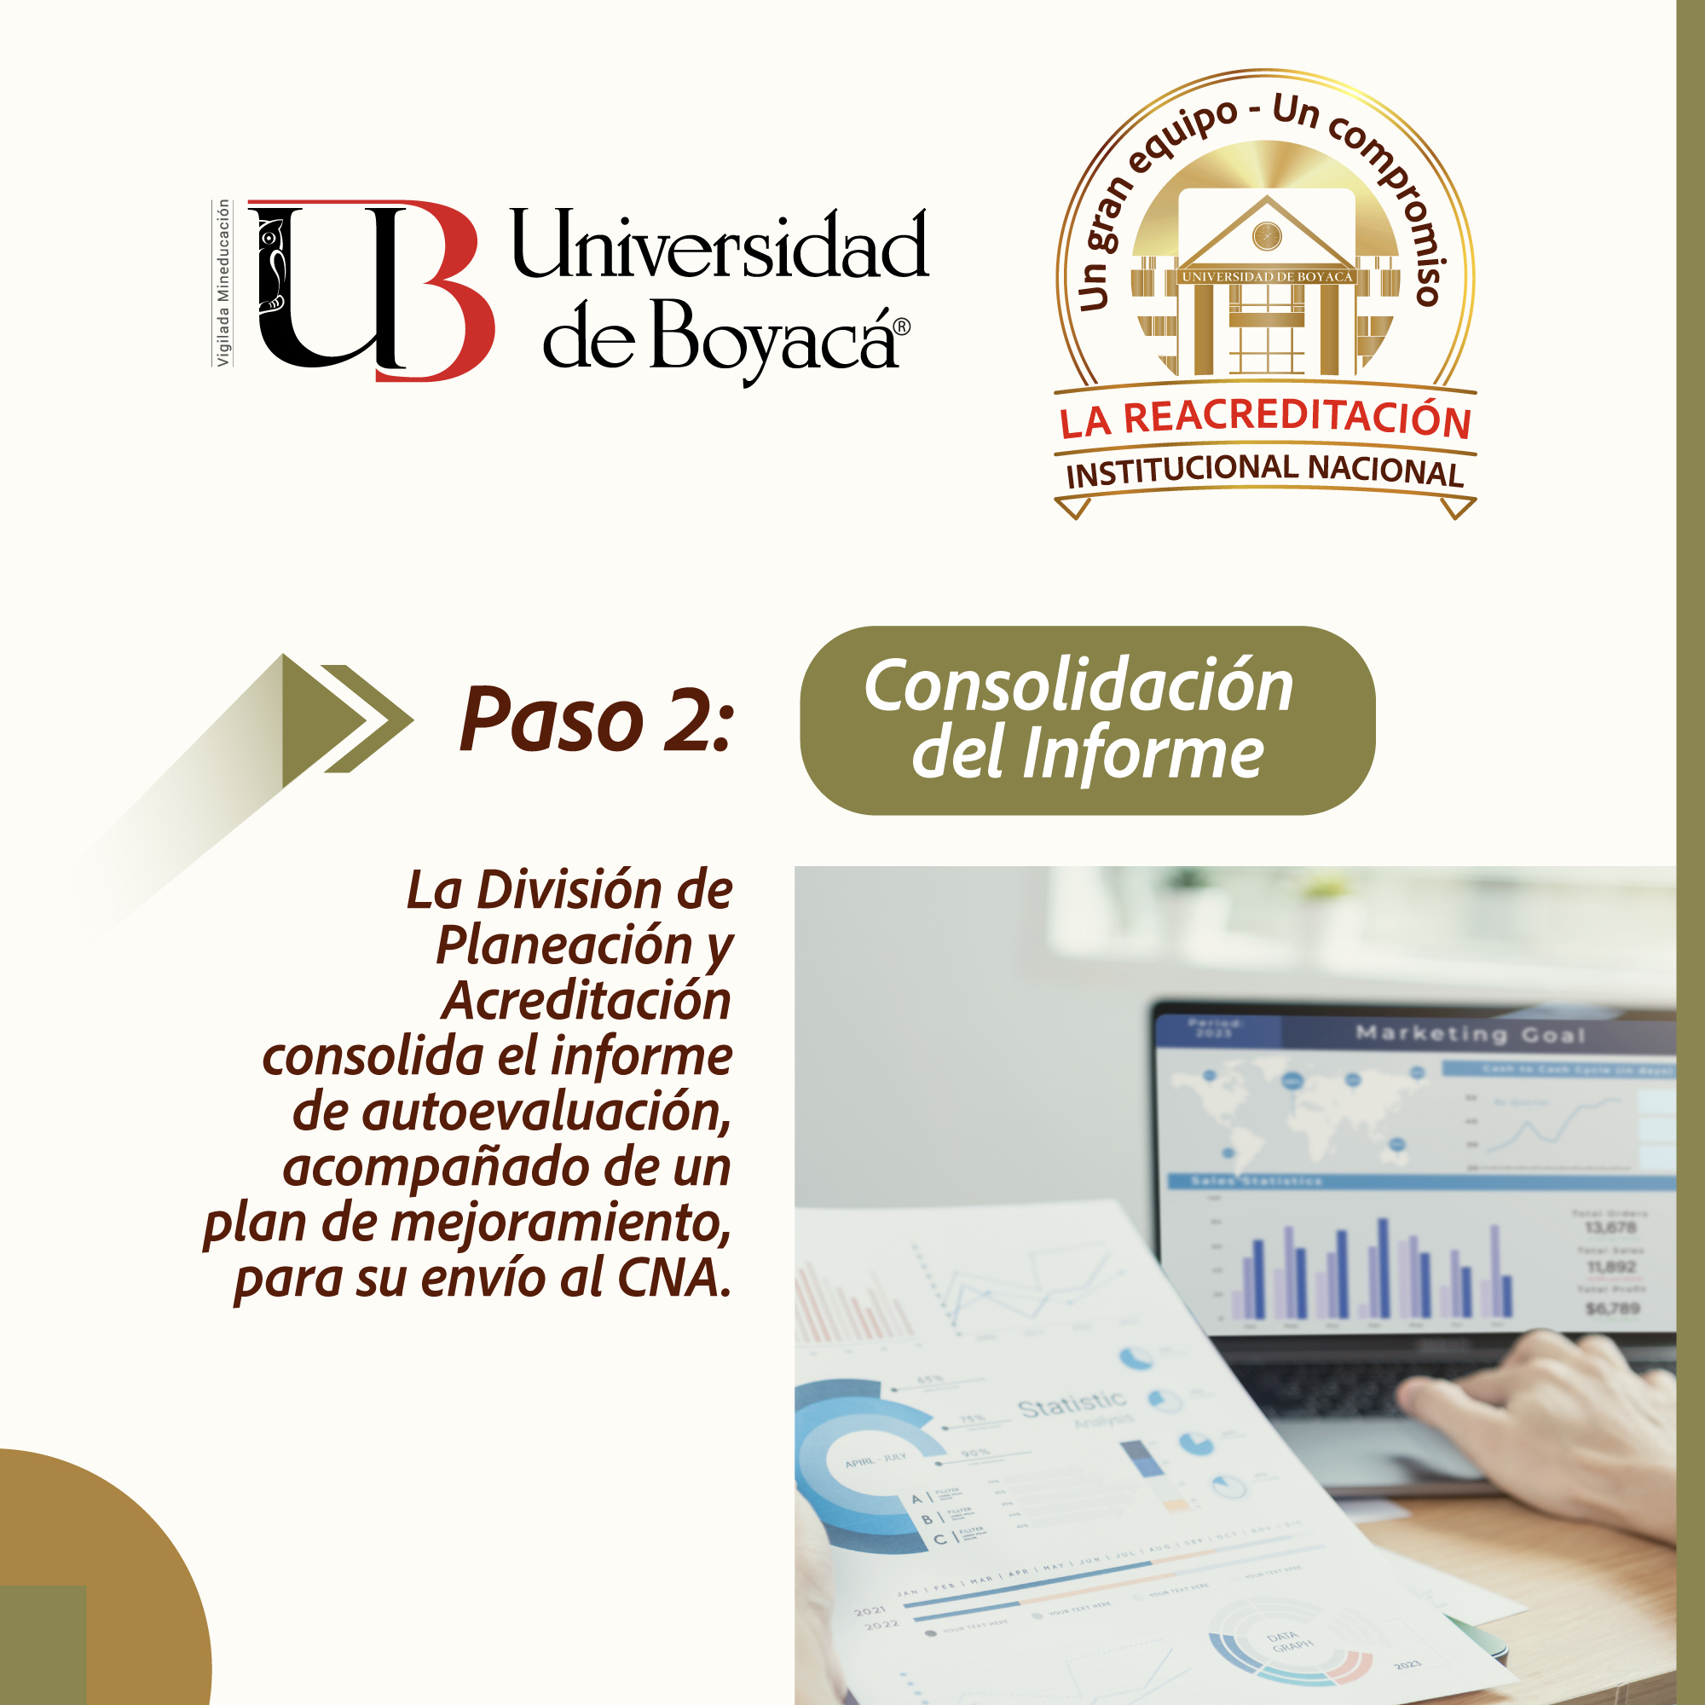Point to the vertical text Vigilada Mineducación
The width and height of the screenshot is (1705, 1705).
click(x=223, y=282)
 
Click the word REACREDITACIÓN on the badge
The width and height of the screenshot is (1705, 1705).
click(x=1298, y=417)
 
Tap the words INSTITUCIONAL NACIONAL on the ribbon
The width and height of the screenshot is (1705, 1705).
click(x=1264, y=470)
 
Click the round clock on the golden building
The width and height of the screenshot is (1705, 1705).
click(x=1268, y=235)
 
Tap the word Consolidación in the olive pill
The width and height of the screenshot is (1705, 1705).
click(x=1078, y=685)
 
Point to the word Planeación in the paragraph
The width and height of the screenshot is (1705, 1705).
click(x=565, y=945)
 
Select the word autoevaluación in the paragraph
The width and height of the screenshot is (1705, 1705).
click(x=547, y=1111)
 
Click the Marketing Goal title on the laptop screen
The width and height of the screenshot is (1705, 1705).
click(x=1471, y=1033)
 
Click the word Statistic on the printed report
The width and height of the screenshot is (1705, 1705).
click(x=1072, y=1404)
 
